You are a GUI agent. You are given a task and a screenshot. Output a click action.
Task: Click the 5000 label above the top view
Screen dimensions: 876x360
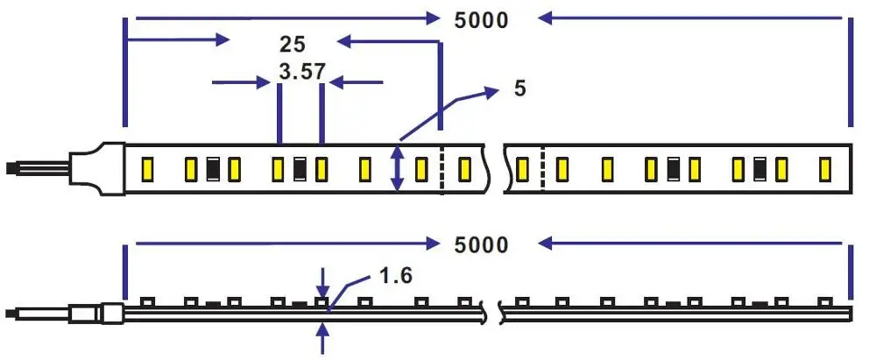pos(481,19)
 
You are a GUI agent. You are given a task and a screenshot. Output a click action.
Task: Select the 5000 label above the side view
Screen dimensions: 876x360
pos(481,244)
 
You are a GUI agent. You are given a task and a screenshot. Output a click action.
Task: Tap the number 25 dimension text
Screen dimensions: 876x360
pos(293,44)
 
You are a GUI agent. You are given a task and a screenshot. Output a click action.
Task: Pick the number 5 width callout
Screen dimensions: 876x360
pos(520,88)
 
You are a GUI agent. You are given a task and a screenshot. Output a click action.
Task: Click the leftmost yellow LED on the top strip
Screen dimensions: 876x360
pos(148,168)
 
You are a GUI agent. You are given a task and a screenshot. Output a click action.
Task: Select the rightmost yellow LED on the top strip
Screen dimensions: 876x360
pos(824,167)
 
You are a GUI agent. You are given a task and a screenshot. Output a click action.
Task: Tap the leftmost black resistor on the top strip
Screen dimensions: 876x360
pos(213,168)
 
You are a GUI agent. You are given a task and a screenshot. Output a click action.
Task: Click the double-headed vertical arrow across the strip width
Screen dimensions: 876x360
pos(397,168)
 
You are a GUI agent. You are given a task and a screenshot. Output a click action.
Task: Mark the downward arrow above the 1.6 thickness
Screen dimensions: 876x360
pos(325,283)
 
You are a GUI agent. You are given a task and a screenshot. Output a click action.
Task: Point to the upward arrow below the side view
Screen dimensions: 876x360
pos(325,338)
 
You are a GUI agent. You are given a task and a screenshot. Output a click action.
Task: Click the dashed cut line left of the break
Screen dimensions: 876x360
pos(442,168)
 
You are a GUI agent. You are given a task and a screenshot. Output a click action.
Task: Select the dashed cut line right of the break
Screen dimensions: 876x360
pos(543,167)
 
